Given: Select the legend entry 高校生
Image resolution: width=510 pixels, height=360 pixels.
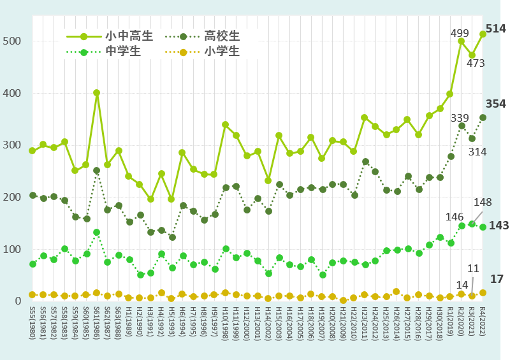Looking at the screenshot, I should click(x=222, y=35).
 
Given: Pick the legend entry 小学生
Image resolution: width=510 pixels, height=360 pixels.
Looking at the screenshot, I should click(x=222, y=51).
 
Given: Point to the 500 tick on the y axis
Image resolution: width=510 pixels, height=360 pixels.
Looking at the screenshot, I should click(x=13, y=41).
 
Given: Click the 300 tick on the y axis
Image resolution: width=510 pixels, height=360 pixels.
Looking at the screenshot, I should click(x=13, y=145).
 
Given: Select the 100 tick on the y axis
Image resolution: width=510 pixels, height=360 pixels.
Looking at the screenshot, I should click(x=13, y=249).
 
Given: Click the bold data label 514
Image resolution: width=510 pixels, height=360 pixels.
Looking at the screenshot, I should click(x=495, y=29).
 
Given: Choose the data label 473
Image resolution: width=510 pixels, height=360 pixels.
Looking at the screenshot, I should click(x=476, y=64).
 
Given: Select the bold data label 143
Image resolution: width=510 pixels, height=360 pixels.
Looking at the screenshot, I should click(x=499, y=226).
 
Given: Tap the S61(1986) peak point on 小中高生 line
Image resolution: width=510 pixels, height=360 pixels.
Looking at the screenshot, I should click(x=96, y=93).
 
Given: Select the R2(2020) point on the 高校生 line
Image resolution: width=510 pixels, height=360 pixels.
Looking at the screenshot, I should click(x=462, y=126).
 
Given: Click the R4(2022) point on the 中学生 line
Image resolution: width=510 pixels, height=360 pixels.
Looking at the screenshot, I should click(x=483, y=227).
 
